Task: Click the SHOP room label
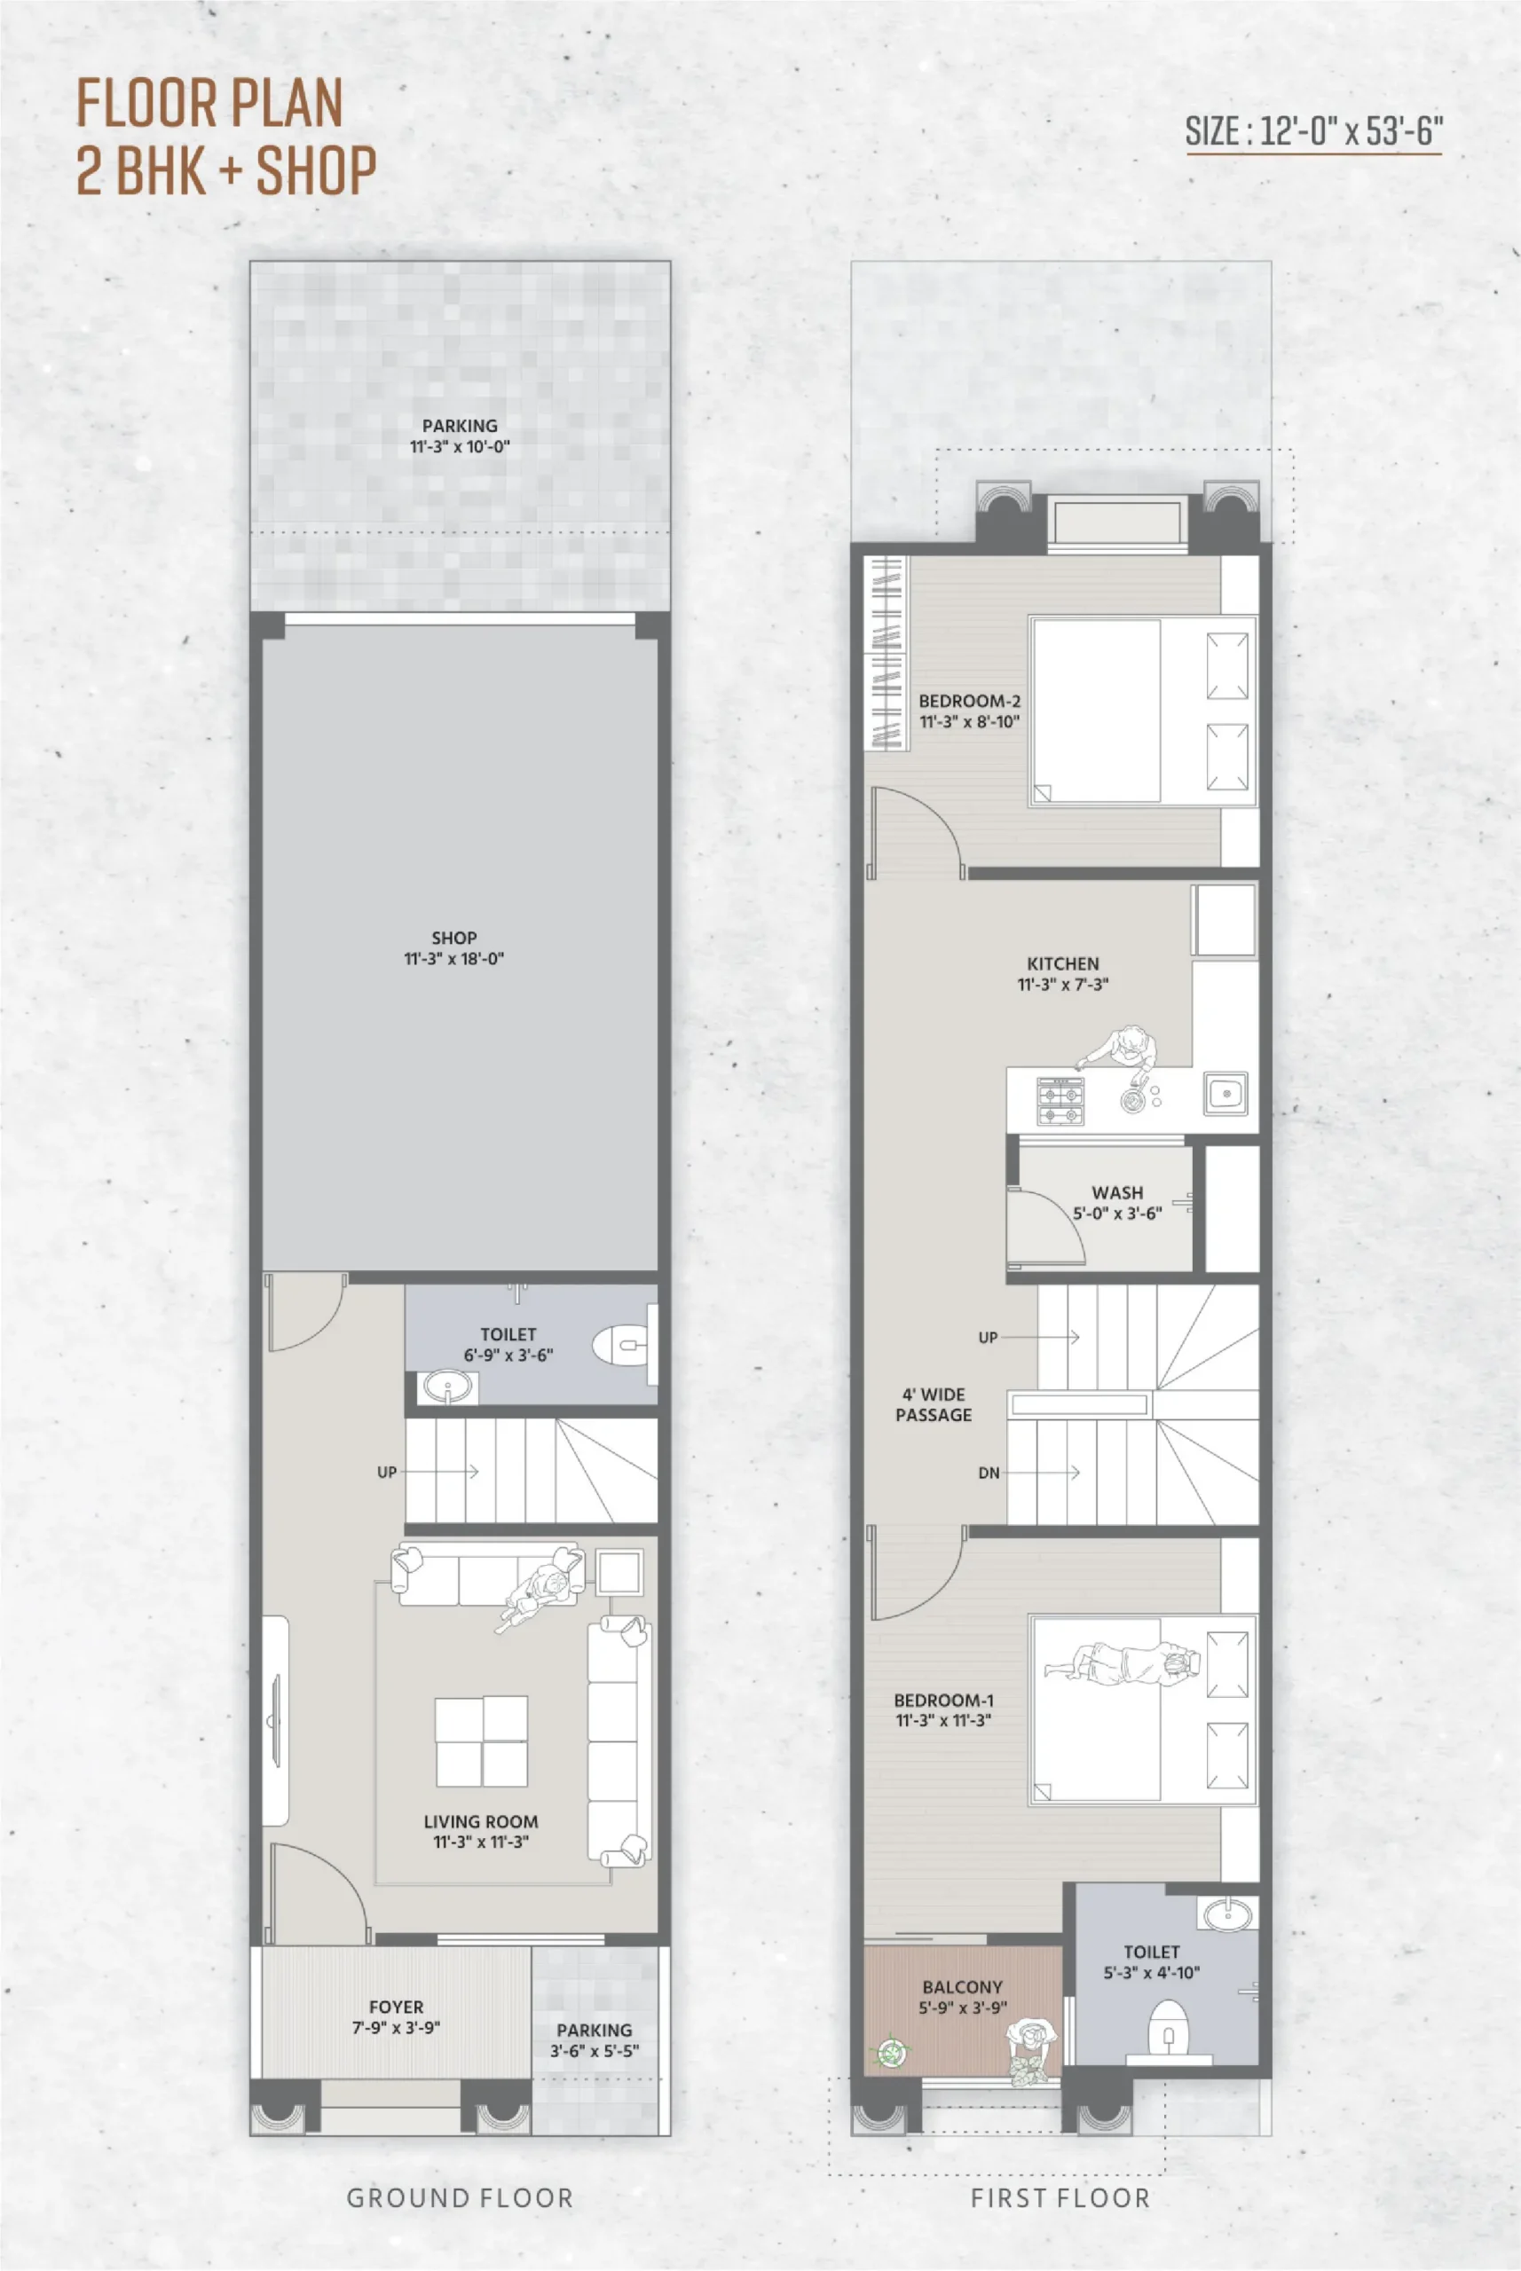point(454,938)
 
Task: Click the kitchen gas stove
point(1060,1101)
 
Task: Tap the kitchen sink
point(1226,1094)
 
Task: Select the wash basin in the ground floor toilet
point(448,1387)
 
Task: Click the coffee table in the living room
point(481,1741)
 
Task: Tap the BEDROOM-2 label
point(969,700)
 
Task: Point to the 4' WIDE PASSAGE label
point(934,1404)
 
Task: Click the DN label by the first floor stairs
point(989,1473)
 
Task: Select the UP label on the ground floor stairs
point(387,1472)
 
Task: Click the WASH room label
point(1117,1192)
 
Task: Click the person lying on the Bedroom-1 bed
point(1123,1664)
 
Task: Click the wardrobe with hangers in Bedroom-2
point(887,653)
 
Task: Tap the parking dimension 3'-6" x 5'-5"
point(595,2051)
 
